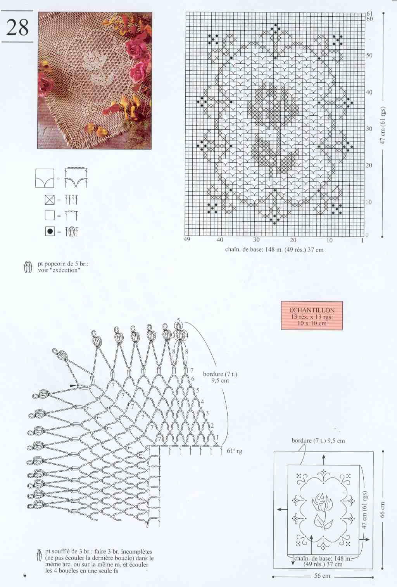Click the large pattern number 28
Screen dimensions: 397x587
(x=17, y=27)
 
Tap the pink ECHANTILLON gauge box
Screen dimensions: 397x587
(x=312, y=316)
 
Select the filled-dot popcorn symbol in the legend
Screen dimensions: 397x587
(x=50, y=231)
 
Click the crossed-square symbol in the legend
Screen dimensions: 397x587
(x=50, y=200)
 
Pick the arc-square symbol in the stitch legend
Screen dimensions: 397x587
(x=45, y=178)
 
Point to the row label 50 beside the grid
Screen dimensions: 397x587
(x=369, y=55)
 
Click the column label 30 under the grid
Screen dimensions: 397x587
(x=256, y=240)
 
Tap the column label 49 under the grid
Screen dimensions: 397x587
(x=187, y=239)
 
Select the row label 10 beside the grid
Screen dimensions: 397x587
(x=369, y=202)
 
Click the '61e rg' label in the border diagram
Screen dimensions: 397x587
(x=235, y=451)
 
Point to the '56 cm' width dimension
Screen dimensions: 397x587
(x=322, y=576)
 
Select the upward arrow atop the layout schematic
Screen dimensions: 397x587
(x=324, y=460)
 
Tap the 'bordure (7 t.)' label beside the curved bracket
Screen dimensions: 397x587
(x=220, y=374)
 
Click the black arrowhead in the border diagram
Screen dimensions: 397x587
(x=73, y=386)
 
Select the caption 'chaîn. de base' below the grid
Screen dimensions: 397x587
(x=243, y=250)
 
